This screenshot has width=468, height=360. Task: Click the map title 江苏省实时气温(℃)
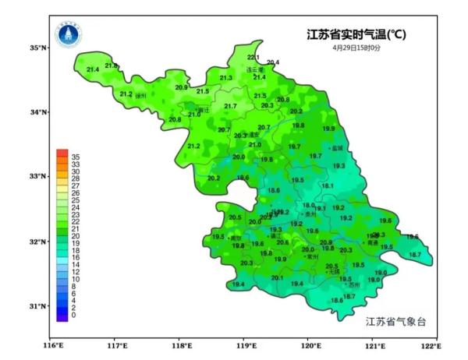(x=356, y=34)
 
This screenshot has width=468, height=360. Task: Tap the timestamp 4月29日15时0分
(x=356, y=48)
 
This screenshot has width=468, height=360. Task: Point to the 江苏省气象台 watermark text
(x=396, y=321)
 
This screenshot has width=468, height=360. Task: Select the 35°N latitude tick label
(x=38, y=48)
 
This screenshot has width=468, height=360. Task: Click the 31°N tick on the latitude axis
(x=38, y=306)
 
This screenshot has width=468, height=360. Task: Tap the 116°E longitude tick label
(x=52, y=345)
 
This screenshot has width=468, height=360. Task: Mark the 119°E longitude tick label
(x=246, y=345)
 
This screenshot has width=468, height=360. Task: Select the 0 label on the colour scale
(x=73, y=316)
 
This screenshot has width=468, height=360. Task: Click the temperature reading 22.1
(x=253, y=58)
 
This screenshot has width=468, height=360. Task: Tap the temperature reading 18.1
(x=328, y=185)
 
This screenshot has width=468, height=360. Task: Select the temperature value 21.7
(x=230, y=106)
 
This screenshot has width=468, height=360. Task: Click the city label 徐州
(x=141, y=97)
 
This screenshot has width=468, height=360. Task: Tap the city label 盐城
(x=337, y=147)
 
